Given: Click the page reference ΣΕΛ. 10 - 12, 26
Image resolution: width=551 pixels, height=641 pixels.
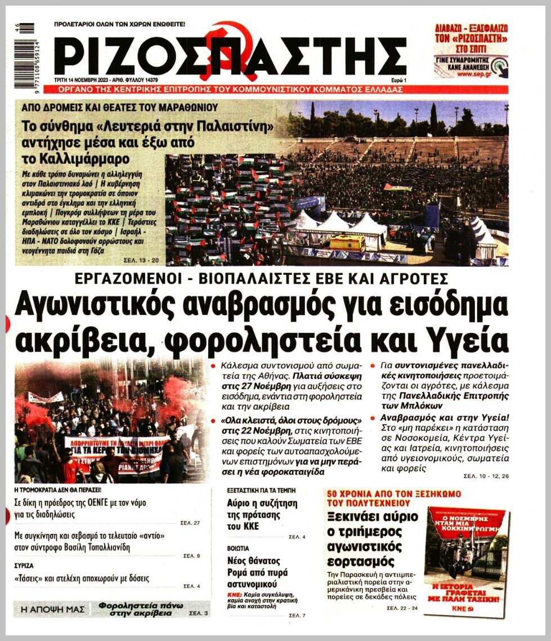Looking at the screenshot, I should click(486, 476).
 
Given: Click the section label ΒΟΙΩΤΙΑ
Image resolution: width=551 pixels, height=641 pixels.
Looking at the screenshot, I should click(238, 547).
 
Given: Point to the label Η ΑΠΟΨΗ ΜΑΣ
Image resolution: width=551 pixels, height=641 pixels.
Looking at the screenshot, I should click(52, 609).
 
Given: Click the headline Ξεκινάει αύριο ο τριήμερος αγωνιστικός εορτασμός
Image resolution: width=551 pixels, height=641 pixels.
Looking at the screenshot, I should click(372, 538).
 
